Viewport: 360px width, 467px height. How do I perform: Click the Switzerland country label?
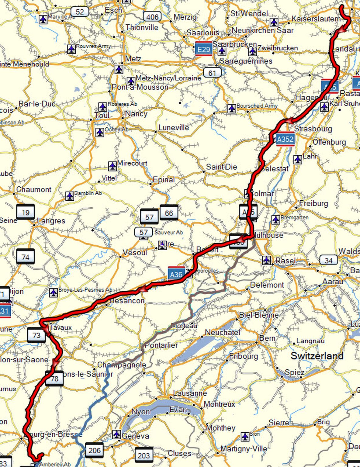[317, 356]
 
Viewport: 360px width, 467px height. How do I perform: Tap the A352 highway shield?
[285, 139]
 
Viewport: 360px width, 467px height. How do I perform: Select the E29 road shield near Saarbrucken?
[203, 49]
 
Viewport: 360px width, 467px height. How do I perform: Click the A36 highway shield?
[176, 274]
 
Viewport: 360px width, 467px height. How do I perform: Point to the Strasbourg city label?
[313, 129]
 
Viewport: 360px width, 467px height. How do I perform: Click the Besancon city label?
[127, 301]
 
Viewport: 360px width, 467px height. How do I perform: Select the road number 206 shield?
[94, 450]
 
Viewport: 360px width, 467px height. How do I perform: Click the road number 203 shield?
[144, 455]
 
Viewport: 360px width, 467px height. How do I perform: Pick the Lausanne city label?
[190, 393]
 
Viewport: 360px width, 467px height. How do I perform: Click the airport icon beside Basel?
[267, 260]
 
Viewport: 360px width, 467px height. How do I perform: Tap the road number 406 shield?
[152, 17]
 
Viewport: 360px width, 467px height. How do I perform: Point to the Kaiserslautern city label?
[316, 19]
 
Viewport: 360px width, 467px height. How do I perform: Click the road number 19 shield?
[25, 213]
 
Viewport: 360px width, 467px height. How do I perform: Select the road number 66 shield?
[169, 213]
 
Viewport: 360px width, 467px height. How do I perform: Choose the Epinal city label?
[164, 180]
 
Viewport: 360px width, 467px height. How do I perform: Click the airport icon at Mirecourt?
[112, 166]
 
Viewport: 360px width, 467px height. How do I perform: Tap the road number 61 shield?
[212, 73]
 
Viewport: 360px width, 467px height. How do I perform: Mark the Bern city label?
[267, 338]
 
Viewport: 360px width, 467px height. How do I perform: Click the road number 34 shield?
[328, 260]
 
